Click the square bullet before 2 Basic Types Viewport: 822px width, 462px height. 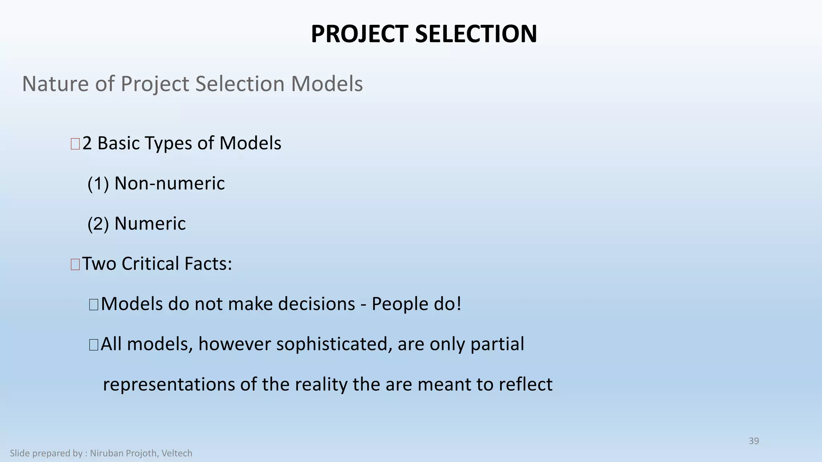click(x=75, y=144)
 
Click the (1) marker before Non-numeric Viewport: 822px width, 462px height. click(x=98, y=184)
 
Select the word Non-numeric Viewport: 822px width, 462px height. click(x=169, y=184)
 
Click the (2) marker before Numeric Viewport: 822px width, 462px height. click(x=98, y=224)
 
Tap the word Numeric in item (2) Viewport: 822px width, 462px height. click(x=150, y=224)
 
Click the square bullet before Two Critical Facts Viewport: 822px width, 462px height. click(x=75, y=264)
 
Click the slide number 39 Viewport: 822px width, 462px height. click(x=754, y=441)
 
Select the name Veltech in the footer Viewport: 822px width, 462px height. click(x=177, y=453)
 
